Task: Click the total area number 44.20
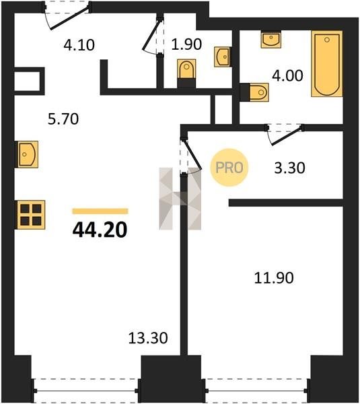coord(100,230)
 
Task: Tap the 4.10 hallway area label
coord(79,45)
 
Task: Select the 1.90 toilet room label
coord(186,44)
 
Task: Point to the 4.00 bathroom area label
coord(287,75)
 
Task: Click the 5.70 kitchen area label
coord(63,119)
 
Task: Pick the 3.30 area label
coord(290,168)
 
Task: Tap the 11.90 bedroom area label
coord(274,278)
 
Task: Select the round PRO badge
coord(229,168)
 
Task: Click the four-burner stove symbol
coord(31,215)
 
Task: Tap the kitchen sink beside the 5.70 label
coord(28,154)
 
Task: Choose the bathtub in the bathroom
coord(327,64)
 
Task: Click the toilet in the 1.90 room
coord(186,73)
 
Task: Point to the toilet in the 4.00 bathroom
coord(255,92)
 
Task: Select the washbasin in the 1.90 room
coord(223,57)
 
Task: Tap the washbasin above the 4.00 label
coord(271,40)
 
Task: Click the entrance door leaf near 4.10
coord(70,18)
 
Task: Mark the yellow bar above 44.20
coord(100,211)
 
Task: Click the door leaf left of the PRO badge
coord(192,154)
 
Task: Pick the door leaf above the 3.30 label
coord(287,135)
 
